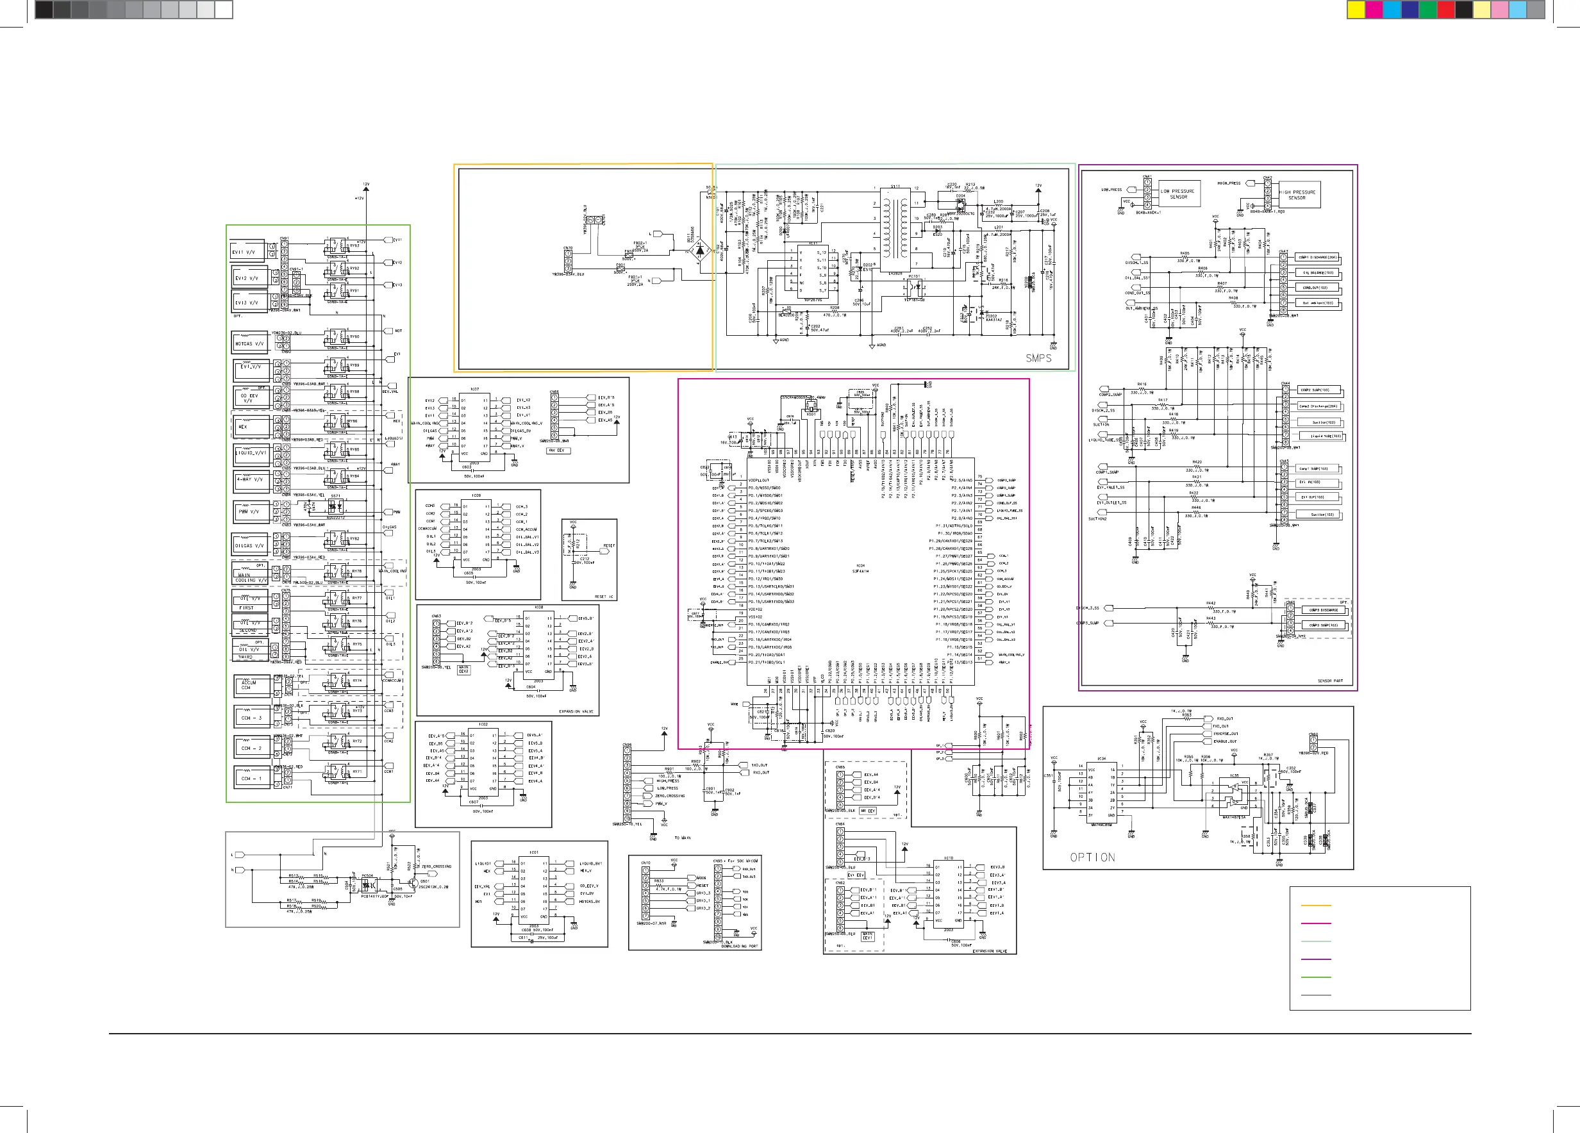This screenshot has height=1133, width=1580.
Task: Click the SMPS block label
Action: click(x=1038, y=358)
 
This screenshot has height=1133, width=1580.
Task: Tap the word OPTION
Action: click(x=1092, y=857)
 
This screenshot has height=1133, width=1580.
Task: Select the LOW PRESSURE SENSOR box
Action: click(x=1177, y=194)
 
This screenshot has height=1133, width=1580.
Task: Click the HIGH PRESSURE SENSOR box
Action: click(x=1297, y=195)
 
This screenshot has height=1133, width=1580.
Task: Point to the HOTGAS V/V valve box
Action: click(x=249, y=343)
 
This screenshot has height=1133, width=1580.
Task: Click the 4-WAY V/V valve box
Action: click(x=249, y=480)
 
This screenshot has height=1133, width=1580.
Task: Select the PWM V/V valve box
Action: click(x=249, y=512)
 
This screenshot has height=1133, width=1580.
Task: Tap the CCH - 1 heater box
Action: click(x=251, y=779)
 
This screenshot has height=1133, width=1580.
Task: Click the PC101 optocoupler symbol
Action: click(x=914, y=286)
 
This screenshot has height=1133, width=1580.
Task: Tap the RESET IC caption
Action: click(x=604, y=597)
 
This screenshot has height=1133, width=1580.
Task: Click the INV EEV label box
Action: click(x=559, y=451)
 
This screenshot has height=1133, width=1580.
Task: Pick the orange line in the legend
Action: click(x=1316, y=906)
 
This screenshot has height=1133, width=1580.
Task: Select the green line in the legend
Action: click(x=1316, y=977)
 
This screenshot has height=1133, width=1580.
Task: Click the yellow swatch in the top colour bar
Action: click(x=1356, y=9)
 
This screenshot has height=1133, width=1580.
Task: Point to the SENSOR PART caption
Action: click(x=1331, y=681)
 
